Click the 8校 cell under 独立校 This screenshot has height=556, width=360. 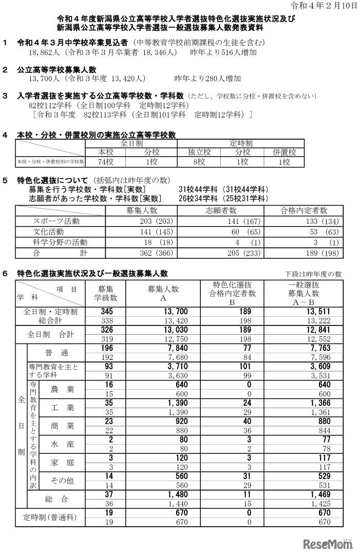pyautogui.click(x=200, y=162)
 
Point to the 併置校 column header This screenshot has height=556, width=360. pyautogui.click(x=284, y=152)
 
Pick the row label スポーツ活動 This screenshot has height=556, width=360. pyautogui.click(x=60, y=221)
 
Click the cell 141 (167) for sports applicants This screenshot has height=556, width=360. pyautogui.click(x=221, y=221)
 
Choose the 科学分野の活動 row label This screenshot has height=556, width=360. pyautogui.click(x=60, y=242)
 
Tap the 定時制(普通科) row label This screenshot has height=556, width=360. pyautogui.click(x=50, y=517)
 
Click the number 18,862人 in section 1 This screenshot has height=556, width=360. pyautogui.click(x=45, y=52)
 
